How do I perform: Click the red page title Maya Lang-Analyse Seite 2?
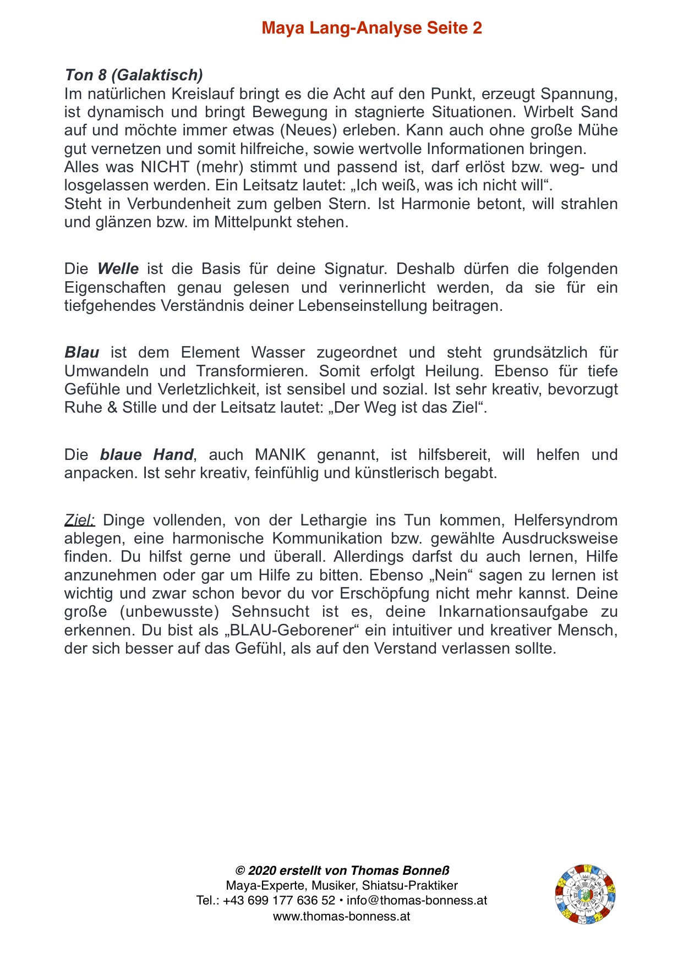(x=371, y=28)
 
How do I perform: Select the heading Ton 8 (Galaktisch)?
(x=134, y=75)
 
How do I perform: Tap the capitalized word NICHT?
(x=165, y=167)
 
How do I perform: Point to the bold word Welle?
(x=118, y=269)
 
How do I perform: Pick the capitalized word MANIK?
(x=280, y=455)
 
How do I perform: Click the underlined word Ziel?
(x=80, y=520)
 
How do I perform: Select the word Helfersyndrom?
(x=566, y=520)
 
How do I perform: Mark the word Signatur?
(x=355, y=269)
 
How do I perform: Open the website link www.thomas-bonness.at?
(x=341, y=916)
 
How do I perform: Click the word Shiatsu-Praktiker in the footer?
(x=409, y=885)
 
